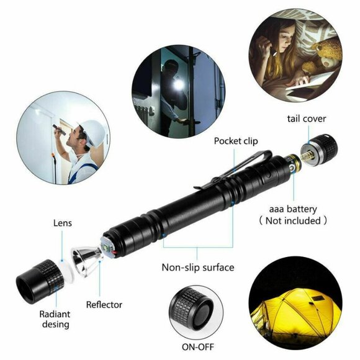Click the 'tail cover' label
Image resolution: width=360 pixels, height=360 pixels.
click(307, 119)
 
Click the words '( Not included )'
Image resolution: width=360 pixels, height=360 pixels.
click(294, 220)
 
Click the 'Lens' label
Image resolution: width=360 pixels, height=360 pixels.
click(62, 222)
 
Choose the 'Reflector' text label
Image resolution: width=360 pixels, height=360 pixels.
click(104, 305)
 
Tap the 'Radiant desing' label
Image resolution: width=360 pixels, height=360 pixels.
click(54, 318)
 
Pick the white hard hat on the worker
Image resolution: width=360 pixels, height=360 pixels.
click(91, 132)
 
